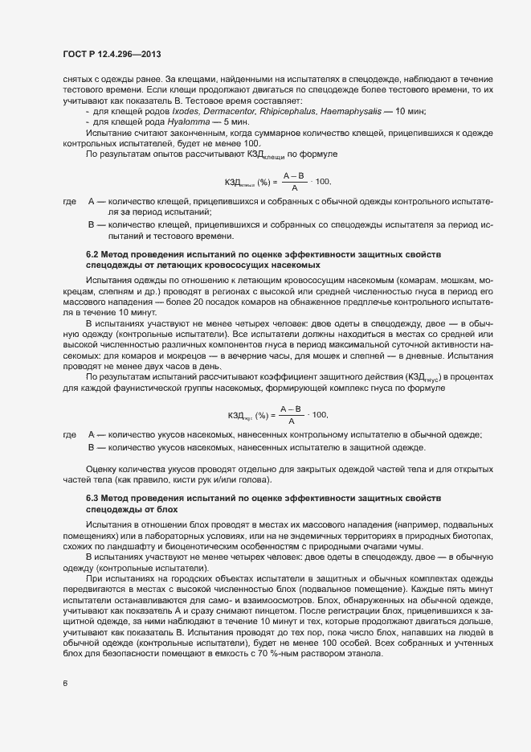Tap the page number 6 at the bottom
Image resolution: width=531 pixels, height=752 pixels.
click(65, 684)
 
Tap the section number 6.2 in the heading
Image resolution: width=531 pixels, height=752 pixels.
click(93, 254)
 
